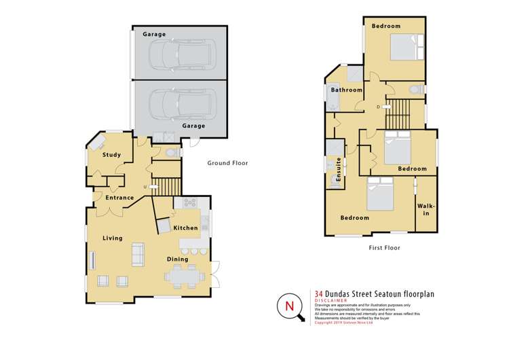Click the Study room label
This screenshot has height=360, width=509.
112,155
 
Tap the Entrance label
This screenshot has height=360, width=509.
119,198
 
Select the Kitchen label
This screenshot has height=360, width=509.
185,228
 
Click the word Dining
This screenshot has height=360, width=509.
178,259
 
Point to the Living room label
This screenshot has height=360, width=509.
113,238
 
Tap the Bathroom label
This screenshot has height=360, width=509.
346,90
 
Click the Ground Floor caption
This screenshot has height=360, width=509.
227,163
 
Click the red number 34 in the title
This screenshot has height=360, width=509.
320,293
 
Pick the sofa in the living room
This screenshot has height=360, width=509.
138,253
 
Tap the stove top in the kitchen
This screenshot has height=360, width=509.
187,203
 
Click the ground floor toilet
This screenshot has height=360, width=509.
172,153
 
